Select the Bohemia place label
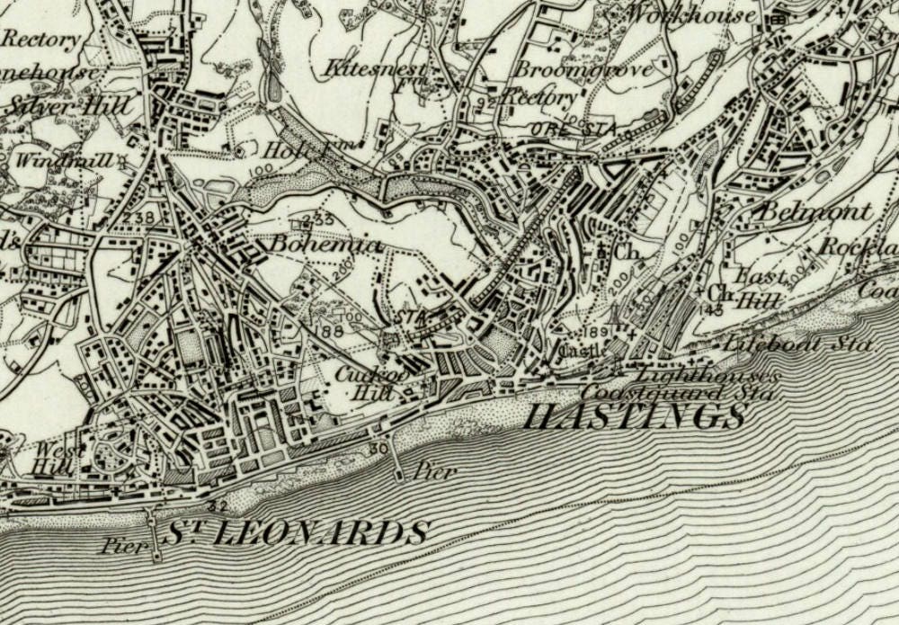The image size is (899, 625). tap(313, 245)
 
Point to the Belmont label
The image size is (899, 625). tap(816, 213)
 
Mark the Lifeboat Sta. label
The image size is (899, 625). tap(799, 344)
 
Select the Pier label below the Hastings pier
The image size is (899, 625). tap(436, 471)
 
